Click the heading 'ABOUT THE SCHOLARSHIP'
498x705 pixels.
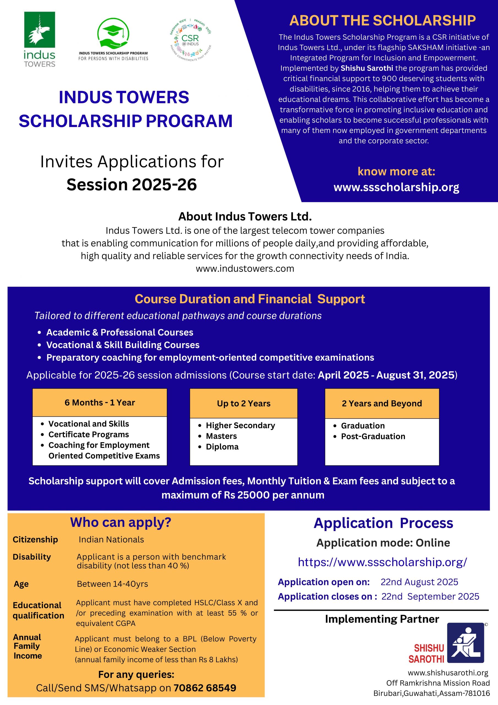(x=382, y=21)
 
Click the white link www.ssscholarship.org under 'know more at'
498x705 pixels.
(x=396, y=187)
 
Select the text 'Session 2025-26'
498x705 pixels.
(x=131, y=185)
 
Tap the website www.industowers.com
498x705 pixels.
(x=245, y=269)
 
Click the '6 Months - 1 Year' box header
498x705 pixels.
(x=99, y=403)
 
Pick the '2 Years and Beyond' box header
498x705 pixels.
(x=382, y=403)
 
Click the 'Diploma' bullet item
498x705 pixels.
(x=222, y=447)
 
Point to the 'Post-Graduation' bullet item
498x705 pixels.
(x=373, y=436)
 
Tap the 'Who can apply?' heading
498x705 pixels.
(x=121, y=522)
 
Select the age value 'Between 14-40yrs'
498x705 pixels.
(x=112, y=584)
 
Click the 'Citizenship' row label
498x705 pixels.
(x=35, y=539)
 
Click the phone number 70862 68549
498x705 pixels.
(x=205, y=688)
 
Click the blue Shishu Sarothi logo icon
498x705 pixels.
(x=465, y=643)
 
